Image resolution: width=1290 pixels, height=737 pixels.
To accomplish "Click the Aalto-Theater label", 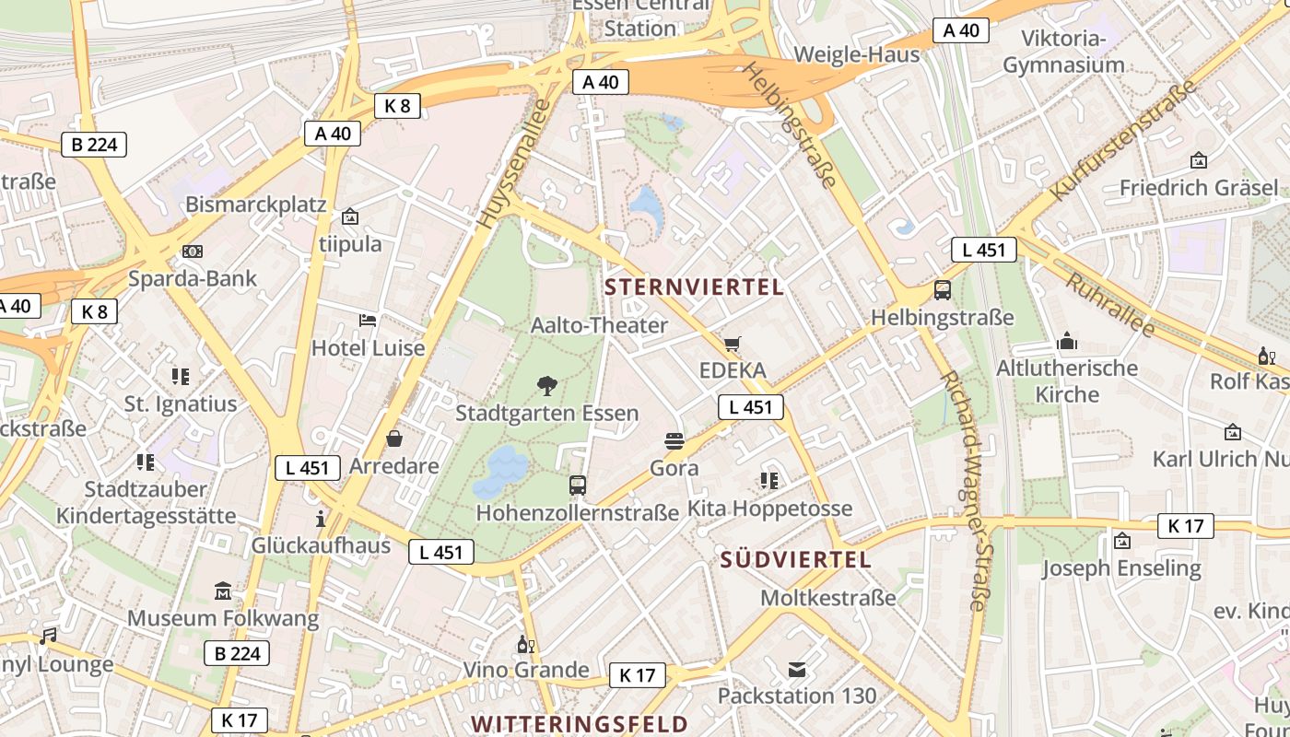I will pyautogui.click(x=599, y=325).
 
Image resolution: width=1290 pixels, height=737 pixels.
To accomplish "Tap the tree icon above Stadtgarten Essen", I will pyautogui.click(x=547, y=385).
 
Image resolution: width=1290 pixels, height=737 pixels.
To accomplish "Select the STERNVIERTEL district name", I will pyautogui.click(x=695, y=287).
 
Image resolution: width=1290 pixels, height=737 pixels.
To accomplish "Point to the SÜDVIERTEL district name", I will pyautogui.click(x=795, y=559).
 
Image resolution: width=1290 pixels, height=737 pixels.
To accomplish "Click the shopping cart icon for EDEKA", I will pyautogui.click(x=732, y=345).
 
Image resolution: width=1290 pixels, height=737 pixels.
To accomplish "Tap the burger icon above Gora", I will pyautogui.click(x=674, y=440).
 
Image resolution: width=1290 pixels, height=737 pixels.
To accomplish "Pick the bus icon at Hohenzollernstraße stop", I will pyautogui.click(x=578, y=485).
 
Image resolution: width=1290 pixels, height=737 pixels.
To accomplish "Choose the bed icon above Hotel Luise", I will pyautogui.click(x=368, y=321).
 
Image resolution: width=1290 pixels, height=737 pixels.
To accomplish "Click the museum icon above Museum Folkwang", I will pyautogui.click(x=223, y=591).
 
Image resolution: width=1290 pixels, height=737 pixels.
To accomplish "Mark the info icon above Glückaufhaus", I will pyautogui.click(x=321, y=519).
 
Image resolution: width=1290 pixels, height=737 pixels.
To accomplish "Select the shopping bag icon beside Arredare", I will pyautogui.click(x=394, y=439).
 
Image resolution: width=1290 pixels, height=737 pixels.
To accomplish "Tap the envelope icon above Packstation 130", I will pyautogui.click(x=797, y=669).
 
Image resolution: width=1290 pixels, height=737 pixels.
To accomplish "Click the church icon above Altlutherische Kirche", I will pyautogui.click(x=1067, y=342).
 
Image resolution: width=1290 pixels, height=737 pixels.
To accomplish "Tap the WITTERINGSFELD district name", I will pyautogui.click(x=580, y=723).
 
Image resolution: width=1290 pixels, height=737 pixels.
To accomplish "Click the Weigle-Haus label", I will pyautogui.click(x=856, y=54).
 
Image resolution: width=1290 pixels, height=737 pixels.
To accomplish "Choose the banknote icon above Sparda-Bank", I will pyautogui.click(x=193, y=252).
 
